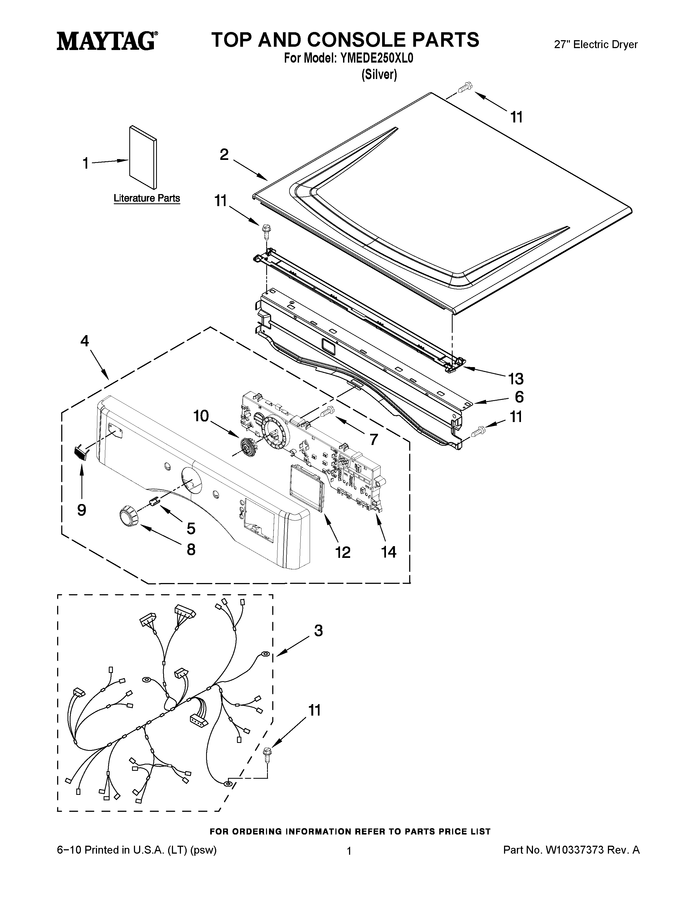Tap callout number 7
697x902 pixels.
coord(373,440)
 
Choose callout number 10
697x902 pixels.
coord(201,416)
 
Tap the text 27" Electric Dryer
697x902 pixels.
coord(595,45)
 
